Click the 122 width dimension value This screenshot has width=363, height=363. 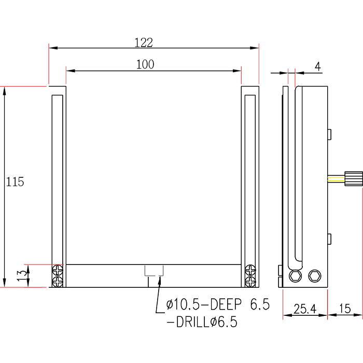[144, 43]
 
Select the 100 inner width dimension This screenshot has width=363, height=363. [145, 64]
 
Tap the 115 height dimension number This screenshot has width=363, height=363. [15, 181]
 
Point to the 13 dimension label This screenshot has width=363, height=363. [22, 275]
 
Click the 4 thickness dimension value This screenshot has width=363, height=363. [317, 66]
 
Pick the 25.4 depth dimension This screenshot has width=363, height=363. [305, 309]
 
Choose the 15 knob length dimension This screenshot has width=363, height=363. [345, 309]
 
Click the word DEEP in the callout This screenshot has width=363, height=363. [226, 304]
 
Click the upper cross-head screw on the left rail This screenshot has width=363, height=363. [58, 270]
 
